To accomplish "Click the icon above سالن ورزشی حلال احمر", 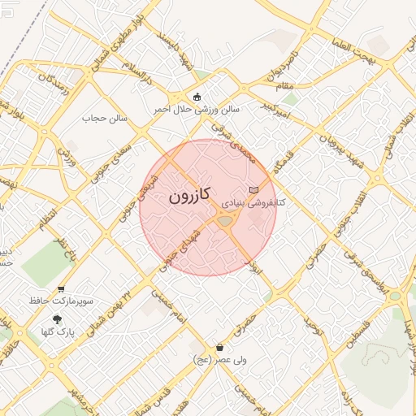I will (x=197, y=97).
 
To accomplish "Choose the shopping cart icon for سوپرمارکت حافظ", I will (x=61, y=289).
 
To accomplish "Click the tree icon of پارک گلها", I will (x=57, y=319).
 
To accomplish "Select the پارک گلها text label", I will (x=56, y=331).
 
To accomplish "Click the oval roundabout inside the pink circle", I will (x=225, y=220).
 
